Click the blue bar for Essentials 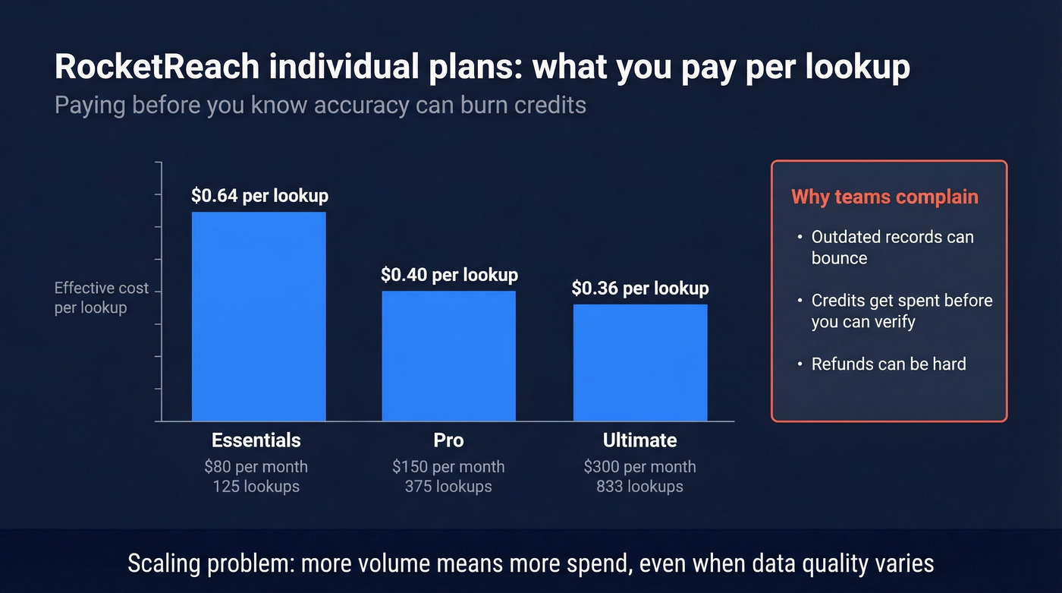pyautogui.click(x=259, y=316)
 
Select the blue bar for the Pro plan pyautogui.click(x=448, y=355)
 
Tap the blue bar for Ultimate pyautogui.click(x=640, y=362)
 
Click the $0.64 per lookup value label pyautogui.click(x=259, y=196)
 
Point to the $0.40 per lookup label pyautogui.click(x=449, y=275)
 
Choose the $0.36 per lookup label pyautogui.click(x=640, y=289)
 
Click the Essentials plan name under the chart pyautogui.click(x=256, y=440)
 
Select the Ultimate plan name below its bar pyautogui.click(x=639, y=440)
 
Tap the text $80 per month pyautogui.click(x=256, y=466)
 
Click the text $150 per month pyautogui.click(x=448, y=466)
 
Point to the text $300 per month pyautogui.click(x=639, y=466)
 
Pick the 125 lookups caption pyautogui.click(x=256, y=486)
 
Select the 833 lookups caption pyautogui.click(x=639, y=486)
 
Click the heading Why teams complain pyautogui.click(x=884, y=197)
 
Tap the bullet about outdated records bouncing pyautogui.click(x=892, y=248)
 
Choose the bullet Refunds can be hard pyautogui.click(x=888, y=364)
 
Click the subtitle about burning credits pyautogui.click(x=320, y=104)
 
